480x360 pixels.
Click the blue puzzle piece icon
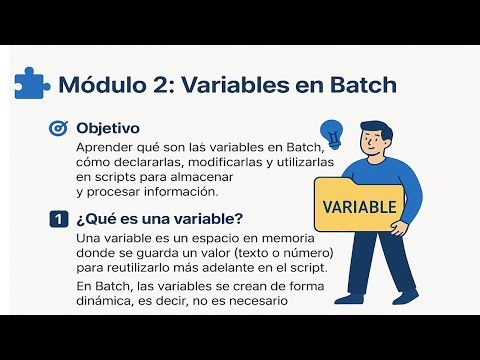(x=33, y=83)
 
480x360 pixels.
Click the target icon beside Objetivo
(x=58, y=129)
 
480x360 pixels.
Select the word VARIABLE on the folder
(x=361, y=207)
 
